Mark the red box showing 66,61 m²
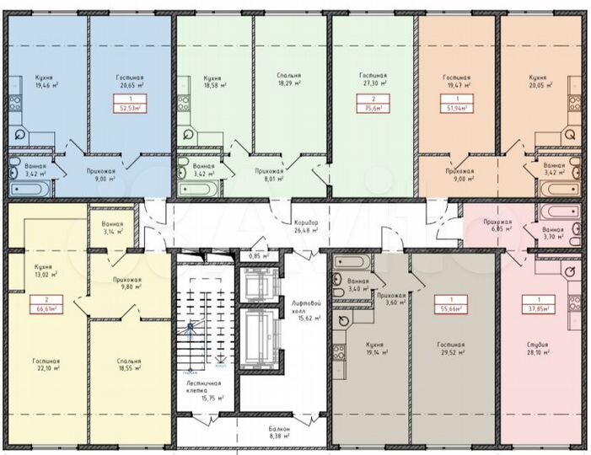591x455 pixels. tap(45, 305)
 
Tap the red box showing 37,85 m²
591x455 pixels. tap(534, 304)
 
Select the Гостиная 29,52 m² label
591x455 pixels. tap(451, 349)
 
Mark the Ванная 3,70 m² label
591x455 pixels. tap(553, 233)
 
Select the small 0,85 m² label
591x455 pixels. tap(259, 255)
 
